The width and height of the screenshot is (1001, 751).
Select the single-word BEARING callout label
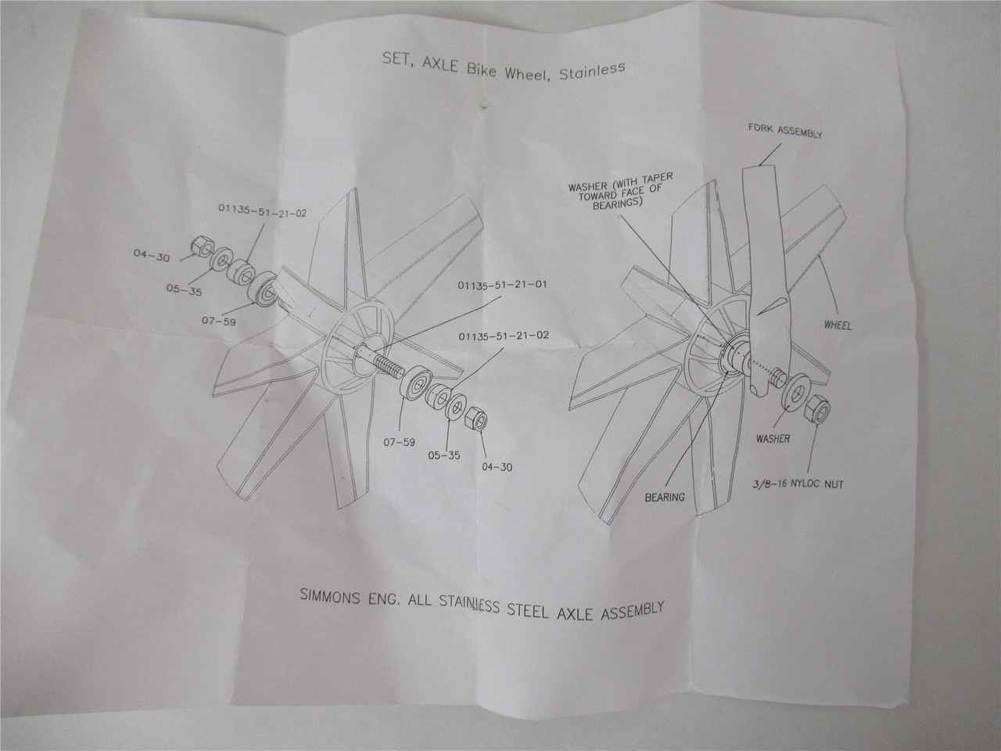pyautogui.click(x=665, y=496)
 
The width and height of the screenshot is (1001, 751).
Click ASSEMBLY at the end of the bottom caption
pyautogui.click(x=626, y=609)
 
